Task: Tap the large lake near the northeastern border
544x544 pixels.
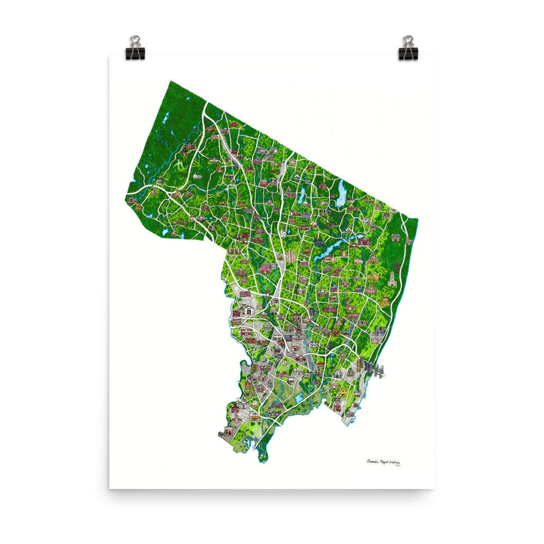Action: point(342,193)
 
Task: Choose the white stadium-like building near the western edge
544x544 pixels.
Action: point(248,311)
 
